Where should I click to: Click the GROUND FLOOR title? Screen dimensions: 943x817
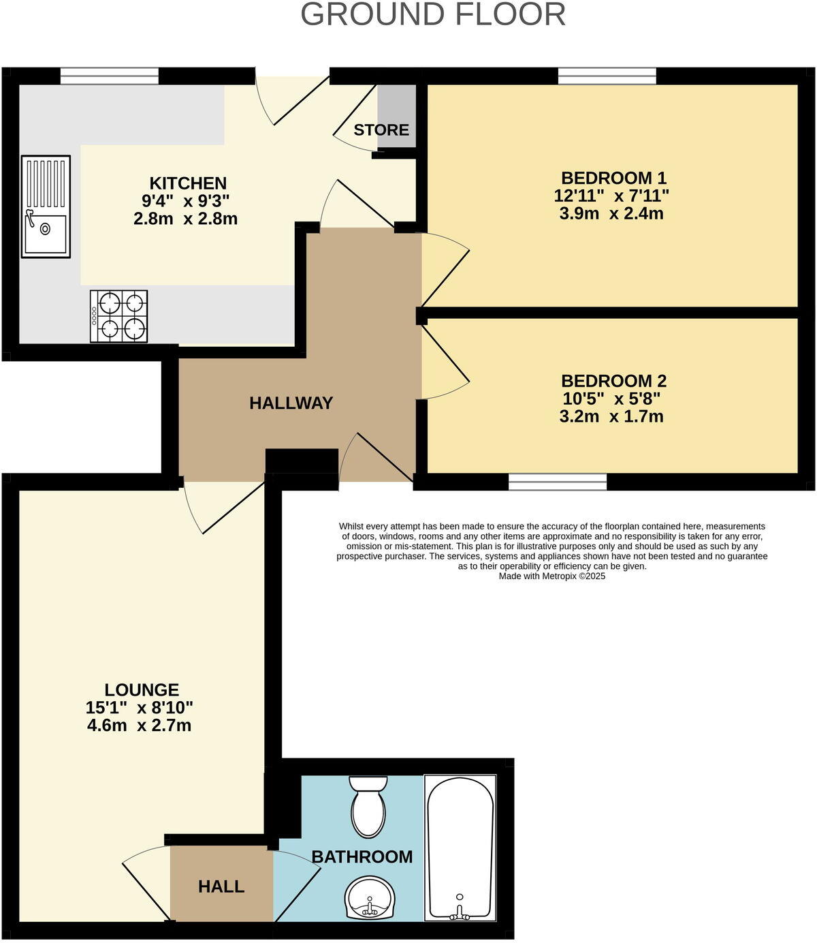[x=433, y=15]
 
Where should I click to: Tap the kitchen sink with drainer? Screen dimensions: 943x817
[x=46, y=206]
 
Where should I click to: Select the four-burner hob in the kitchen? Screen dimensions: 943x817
[x=119, y=316]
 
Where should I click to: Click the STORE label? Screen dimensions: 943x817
[x=381, y=129]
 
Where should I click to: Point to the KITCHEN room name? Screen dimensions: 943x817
[x=188, y=183]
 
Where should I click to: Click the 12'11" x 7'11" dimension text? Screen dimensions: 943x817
[x=611, y=196]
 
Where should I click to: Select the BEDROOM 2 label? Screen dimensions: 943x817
[x=613, y=381]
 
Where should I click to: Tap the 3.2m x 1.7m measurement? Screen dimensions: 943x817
[x=611, y=416]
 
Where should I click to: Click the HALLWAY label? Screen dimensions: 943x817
[x=291, y=403]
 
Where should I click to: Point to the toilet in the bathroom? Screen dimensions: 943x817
[x=368, y=806]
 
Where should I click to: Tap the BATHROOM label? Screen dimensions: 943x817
[x=362, y=857]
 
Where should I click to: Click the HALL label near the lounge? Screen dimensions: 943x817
[x=221, y=886]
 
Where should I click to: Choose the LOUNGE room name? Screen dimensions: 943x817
[x=142, y=690]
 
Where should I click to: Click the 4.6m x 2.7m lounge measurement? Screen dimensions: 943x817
[x=139, y=726]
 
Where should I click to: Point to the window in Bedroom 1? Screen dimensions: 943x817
[x=607, y=76]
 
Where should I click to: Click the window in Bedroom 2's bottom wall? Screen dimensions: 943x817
[x=558, y=482]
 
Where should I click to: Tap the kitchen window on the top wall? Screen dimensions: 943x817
[x=109, y=76]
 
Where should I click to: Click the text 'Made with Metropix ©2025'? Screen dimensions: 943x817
[x=551, y=576]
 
